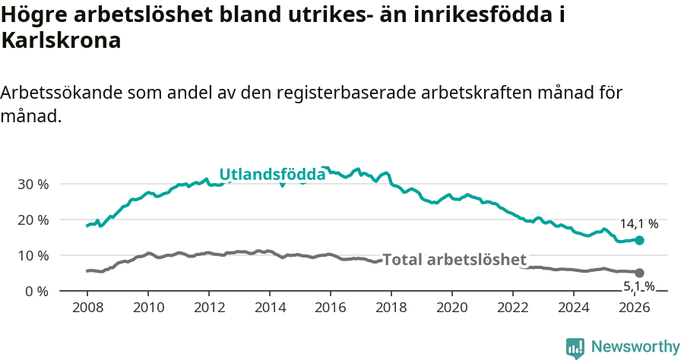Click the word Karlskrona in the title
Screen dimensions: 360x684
click(x=62, y=41)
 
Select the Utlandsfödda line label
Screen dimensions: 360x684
click(x=272, y=175)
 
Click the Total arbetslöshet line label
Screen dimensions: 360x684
click(x=454, y=259)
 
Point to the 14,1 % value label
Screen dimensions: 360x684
click(x=639, y=224)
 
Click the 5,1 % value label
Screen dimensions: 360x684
click(x=639, y=286)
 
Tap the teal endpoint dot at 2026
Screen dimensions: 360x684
click(x=639, y=240)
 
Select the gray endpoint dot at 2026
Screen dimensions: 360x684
click(x=639, y=273)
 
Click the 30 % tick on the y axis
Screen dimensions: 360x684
click(x=32, y=184)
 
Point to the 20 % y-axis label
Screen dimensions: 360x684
click(x=32, y=219)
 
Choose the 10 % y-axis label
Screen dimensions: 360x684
click(x=32, y=255)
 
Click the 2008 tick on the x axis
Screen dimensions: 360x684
click(x=87, y=308)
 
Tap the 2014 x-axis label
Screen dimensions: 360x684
click(x=269, y=308)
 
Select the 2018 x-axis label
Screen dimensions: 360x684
click(x=391, y=308)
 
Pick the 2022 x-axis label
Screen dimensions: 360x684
click(x=513, y=308)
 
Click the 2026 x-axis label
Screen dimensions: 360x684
click(x=635, y=308)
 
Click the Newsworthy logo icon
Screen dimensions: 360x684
click(x=575, y=348)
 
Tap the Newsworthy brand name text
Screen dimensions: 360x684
click(x=635, y=347)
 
